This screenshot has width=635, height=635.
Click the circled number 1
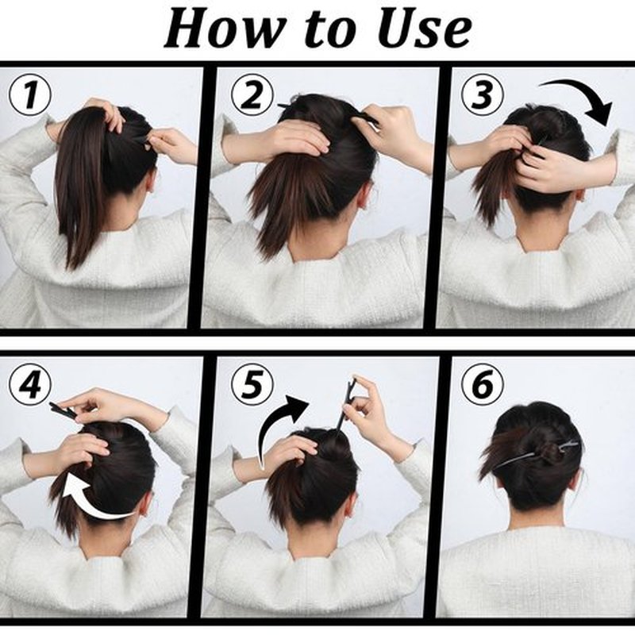(x=29, y=96)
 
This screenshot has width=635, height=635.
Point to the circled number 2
(x=252, y=94)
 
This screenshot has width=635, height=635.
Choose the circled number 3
(x=483, y=94)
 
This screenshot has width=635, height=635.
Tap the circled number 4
(x=30, y=385)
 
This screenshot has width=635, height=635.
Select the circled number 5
(x=252, y=385)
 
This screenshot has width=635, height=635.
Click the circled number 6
(x=483, y=385)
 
